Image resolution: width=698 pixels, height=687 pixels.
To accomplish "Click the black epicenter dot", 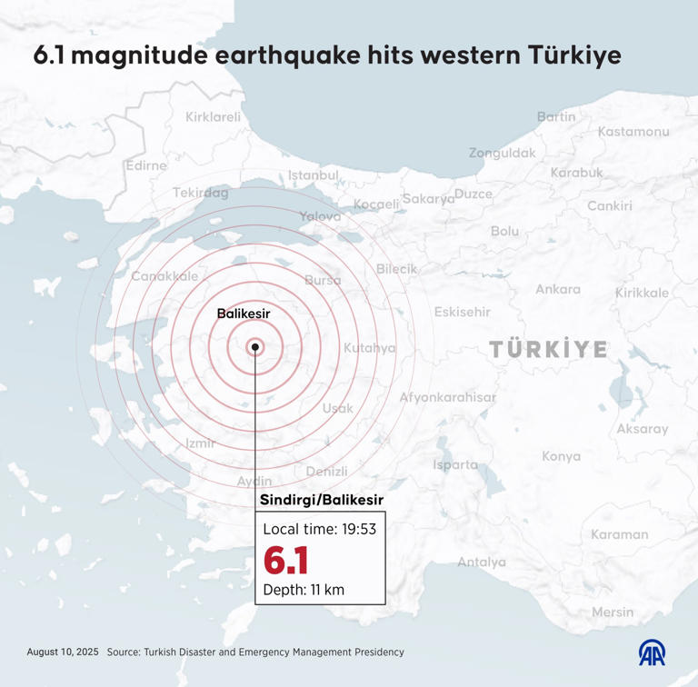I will [255, 346].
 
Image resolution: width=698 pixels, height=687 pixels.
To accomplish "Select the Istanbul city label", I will [314, 174].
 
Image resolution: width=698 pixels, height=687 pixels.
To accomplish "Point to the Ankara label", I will [558, 289].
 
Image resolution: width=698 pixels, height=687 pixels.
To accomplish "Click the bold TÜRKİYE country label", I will [548, 349].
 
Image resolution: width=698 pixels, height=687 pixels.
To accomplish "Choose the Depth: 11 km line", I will [304, 590].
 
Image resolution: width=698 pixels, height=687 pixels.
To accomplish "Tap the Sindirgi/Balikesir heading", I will [322, 501].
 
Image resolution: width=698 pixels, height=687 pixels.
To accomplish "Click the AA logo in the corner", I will [651, 652].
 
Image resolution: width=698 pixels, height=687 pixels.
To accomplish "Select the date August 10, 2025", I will [62, 652].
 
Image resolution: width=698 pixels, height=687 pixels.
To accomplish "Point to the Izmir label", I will [199, 443].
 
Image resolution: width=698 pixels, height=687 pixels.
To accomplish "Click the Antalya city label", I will [481, 563].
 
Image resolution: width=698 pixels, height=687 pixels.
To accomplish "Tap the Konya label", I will [561, 456].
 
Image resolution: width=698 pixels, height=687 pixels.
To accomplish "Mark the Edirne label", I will [146, 165].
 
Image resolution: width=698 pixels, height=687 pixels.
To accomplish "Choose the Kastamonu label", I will [633, 132].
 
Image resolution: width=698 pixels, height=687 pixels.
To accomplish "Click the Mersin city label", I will [613, 612].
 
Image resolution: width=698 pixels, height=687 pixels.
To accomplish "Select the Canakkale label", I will [165, 276].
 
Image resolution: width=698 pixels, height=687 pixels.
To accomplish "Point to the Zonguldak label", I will [503, 153].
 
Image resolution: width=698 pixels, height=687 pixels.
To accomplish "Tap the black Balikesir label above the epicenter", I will [244, 314].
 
